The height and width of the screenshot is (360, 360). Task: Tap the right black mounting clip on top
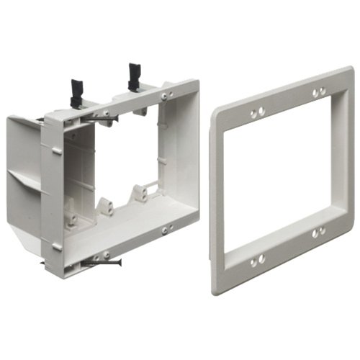pos(134,75)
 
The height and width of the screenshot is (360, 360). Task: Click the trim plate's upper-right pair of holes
pos(317,92)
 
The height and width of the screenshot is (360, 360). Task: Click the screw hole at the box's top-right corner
pos(166,94)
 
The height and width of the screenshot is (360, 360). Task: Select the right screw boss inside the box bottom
pos(138,193)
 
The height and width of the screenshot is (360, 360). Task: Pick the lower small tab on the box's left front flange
pos(56,246)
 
